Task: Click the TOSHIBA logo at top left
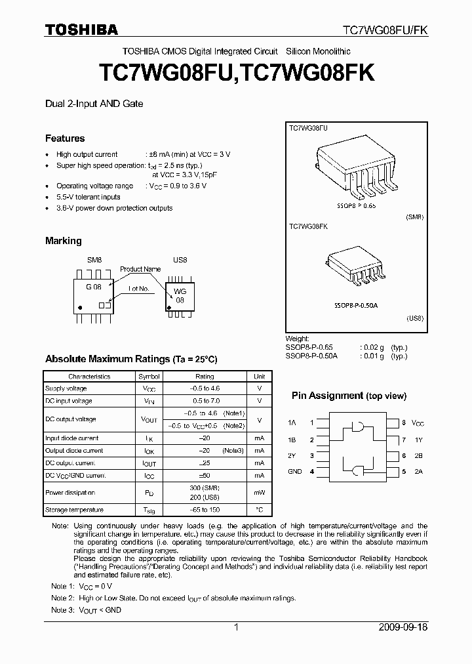81,30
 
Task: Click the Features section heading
65,138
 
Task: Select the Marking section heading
63,241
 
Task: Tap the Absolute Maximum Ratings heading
130,360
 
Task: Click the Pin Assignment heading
349,396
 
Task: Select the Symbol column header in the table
148,377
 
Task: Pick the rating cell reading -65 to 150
205,510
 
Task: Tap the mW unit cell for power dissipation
260,492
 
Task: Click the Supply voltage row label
66,388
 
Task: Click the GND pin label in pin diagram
295,471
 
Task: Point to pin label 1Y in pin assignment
419,440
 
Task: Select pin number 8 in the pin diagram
404,423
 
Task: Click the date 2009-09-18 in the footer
403,627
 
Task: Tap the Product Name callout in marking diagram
140,269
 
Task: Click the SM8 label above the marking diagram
94,260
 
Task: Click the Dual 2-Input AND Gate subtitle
94,104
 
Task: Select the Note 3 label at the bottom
62,610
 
